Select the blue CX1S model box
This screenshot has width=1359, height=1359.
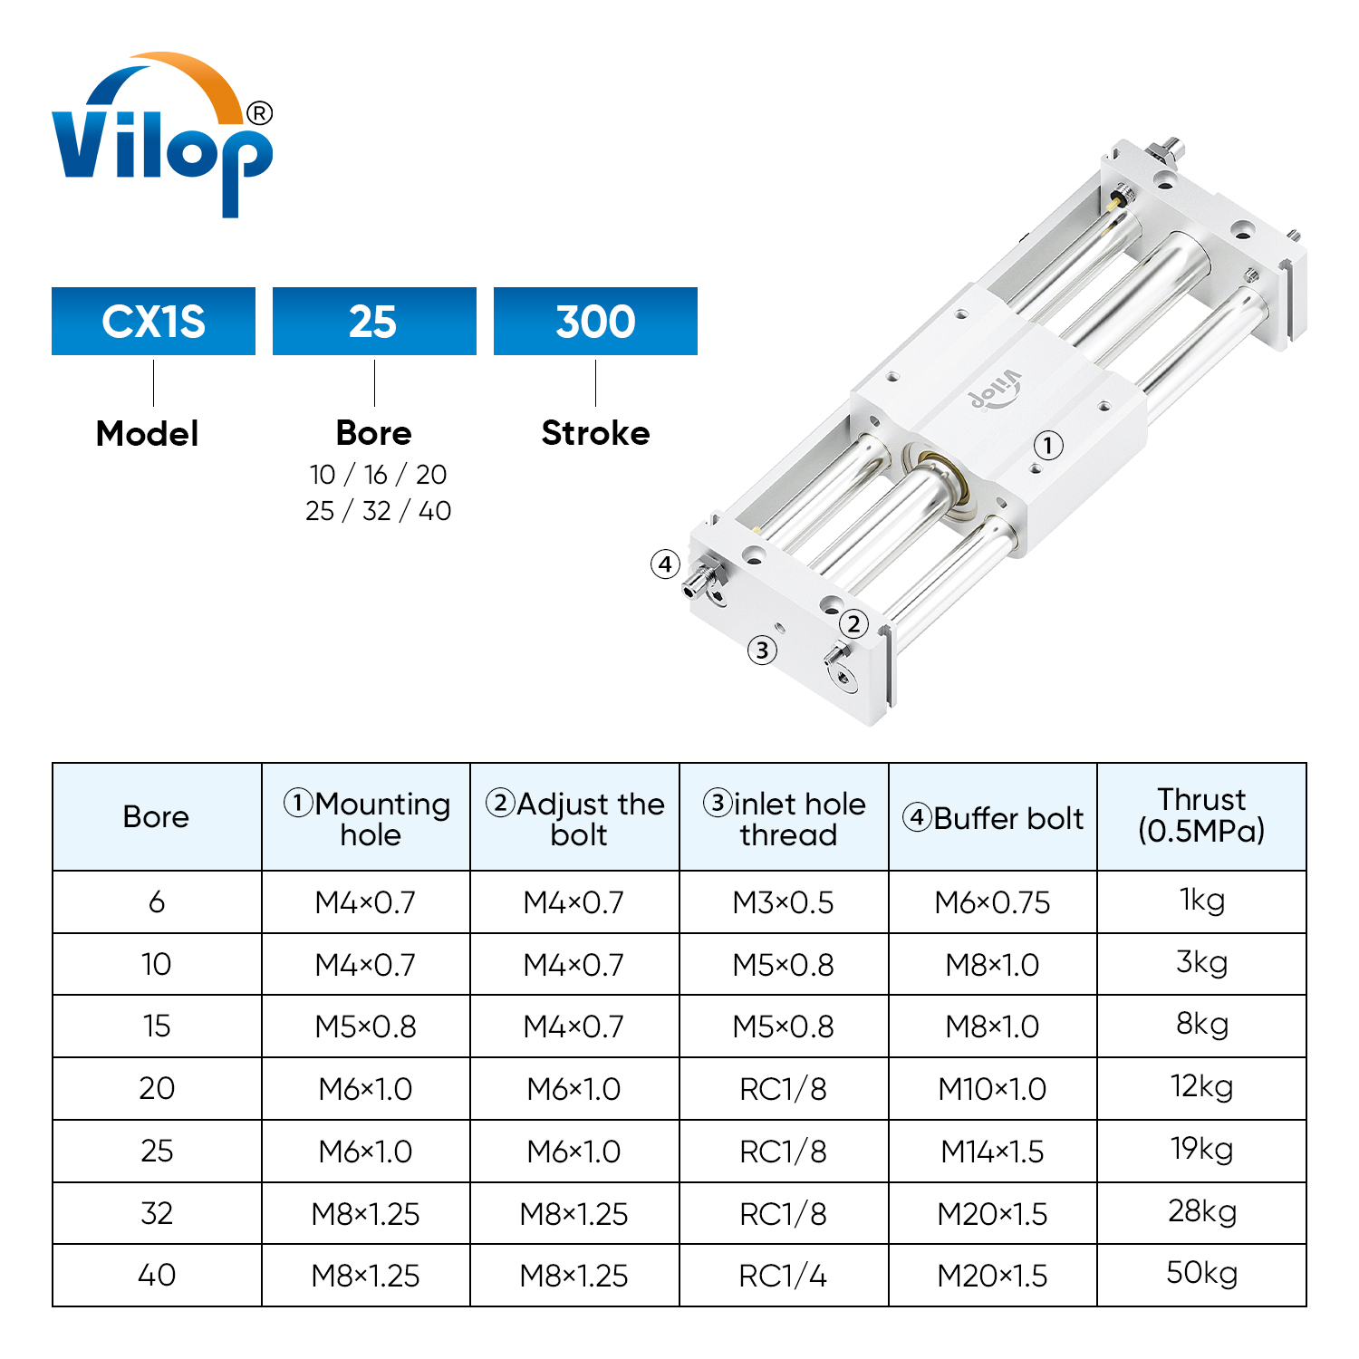click(153, 322)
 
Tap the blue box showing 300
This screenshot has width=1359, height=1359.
click(595, 322)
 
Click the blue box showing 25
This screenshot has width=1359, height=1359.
click(374, 322)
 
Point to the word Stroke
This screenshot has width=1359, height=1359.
click(595, 433)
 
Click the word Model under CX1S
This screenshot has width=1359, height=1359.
click(148, 434)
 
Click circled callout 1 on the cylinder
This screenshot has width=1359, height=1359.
click(1048, 445)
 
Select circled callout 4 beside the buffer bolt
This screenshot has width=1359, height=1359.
click(665, 564)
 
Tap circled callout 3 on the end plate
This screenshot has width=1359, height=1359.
click(762, 650)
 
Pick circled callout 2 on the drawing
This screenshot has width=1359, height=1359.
click(853, 623)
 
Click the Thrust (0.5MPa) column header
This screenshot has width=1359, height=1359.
click(1201, 815)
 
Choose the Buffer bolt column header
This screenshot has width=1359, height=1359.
click(993, 818)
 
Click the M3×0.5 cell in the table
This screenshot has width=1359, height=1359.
click(783, 902)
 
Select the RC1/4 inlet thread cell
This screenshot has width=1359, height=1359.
click(783, 1276)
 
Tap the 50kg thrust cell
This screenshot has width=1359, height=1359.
click(1201, 1273)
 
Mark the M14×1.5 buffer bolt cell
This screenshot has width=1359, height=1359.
click(992, 1152)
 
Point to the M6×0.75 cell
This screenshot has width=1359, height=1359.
click(992, 902)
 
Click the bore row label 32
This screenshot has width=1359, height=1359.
click(157, 1213)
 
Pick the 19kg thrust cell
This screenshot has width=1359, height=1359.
click(1201, 1149)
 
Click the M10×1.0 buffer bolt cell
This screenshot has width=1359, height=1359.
click(992, 1089)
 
